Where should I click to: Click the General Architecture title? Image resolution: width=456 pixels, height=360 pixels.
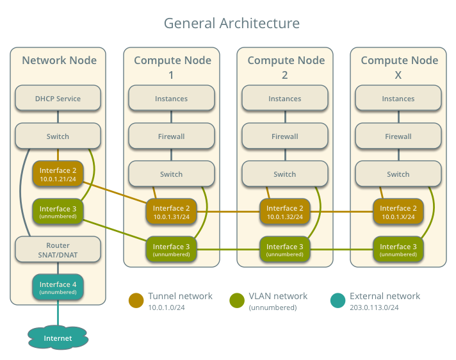tap(231, 24)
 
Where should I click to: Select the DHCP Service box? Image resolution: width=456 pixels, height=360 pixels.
tap(58, 99)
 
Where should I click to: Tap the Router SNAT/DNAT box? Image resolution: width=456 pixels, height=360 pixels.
tap(58, 250)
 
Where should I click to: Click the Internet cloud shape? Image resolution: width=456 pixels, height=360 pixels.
tap(58, 338)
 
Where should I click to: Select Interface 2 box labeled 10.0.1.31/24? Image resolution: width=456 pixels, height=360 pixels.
tap(171, 212)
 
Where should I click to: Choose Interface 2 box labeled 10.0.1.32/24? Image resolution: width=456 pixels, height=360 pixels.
tap(284, 212)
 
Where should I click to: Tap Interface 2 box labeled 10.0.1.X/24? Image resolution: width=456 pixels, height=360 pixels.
tap(398, 212)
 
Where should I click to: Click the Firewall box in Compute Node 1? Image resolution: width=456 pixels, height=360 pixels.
tap(171, 136)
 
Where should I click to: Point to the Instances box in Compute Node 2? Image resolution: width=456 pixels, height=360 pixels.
tap(284, 99)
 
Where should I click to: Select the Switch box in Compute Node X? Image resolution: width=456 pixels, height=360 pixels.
tap(398, 174)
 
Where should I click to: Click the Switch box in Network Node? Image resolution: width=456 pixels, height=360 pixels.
tap(58, 136)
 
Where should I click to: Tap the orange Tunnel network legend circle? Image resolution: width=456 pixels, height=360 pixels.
tap(136, 300)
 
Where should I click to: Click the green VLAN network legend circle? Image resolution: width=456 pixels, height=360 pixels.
tap(237, 300)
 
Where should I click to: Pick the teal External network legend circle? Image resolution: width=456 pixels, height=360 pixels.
tap(338, 300)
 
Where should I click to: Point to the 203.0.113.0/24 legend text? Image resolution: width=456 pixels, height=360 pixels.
tap(374, 307)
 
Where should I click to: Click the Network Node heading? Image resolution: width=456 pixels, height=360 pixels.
tap(59, 61)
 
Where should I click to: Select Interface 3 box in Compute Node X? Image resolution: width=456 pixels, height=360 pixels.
tap(398, 250)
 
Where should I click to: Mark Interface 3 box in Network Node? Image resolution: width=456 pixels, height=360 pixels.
tap(58, 212)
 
